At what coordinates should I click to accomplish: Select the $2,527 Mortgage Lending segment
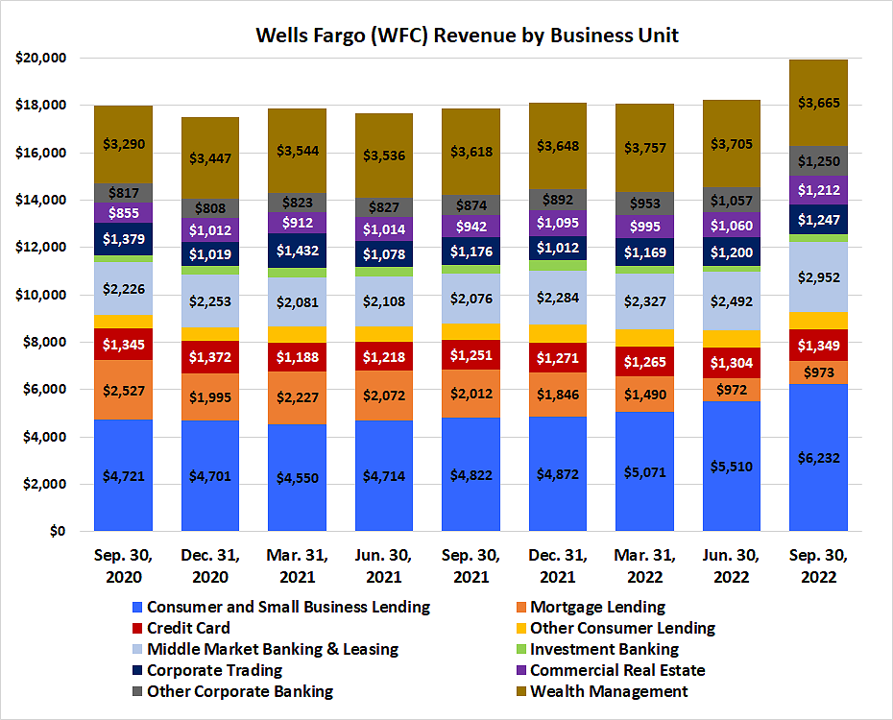click(x=123, y=391)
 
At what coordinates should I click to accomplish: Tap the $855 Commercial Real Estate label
click(x=123, y=213)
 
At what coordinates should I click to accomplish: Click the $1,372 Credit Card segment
click(x=210, y=357)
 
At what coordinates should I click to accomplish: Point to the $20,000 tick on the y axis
click(x=39, y=58)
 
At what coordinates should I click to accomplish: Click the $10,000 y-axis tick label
click(x=39, y=295)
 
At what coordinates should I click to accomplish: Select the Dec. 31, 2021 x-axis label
click(x=558, y=567)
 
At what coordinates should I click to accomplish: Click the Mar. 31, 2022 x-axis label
click(x=644, y=567)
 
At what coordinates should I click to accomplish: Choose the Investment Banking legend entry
click(x=604, y=649)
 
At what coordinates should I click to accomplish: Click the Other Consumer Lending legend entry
click(x=622, y=628)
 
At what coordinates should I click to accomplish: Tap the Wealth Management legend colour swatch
click(x=519, y=691)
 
